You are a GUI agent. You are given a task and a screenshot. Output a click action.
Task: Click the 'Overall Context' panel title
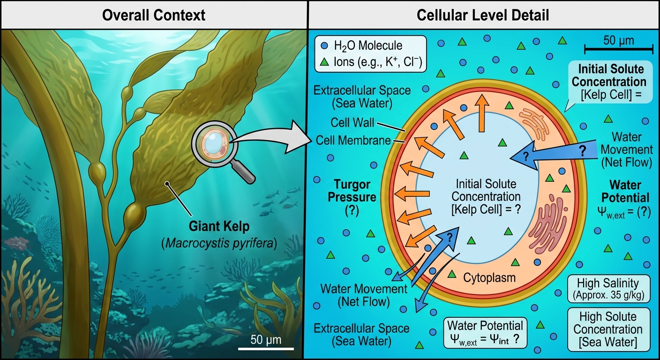pos(153,15)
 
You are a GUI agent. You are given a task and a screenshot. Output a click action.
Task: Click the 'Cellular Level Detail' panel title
pos(483,15)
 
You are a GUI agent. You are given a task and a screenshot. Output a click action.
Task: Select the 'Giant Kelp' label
pos(219,226)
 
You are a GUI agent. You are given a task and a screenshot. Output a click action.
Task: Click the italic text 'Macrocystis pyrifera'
pos(219,243)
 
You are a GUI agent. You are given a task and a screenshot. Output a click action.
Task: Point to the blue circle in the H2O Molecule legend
pos(324,45)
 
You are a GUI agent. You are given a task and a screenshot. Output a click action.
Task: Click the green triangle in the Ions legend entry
pos(324,62)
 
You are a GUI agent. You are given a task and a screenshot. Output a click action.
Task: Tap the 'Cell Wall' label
pos(352,122)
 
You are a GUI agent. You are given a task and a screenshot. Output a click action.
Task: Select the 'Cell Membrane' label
pos(353,141)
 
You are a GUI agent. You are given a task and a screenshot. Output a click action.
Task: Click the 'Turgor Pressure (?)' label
pos(352,198)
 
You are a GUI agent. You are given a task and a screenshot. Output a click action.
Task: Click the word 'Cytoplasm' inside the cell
pos(489,277)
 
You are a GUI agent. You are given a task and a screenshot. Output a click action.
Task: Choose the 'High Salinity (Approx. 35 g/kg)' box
pos(609,289)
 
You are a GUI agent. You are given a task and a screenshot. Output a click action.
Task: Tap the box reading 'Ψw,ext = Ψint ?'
pos(485,333)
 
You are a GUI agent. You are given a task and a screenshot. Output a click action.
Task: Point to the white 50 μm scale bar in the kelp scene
pos(266,349)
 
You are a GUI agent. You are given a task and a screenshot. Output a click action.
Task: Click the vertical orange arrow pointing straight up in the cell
pos(482,113)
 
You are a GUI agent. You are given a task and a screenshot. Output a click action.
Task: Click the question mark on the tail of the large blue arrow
pos(583,151)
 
